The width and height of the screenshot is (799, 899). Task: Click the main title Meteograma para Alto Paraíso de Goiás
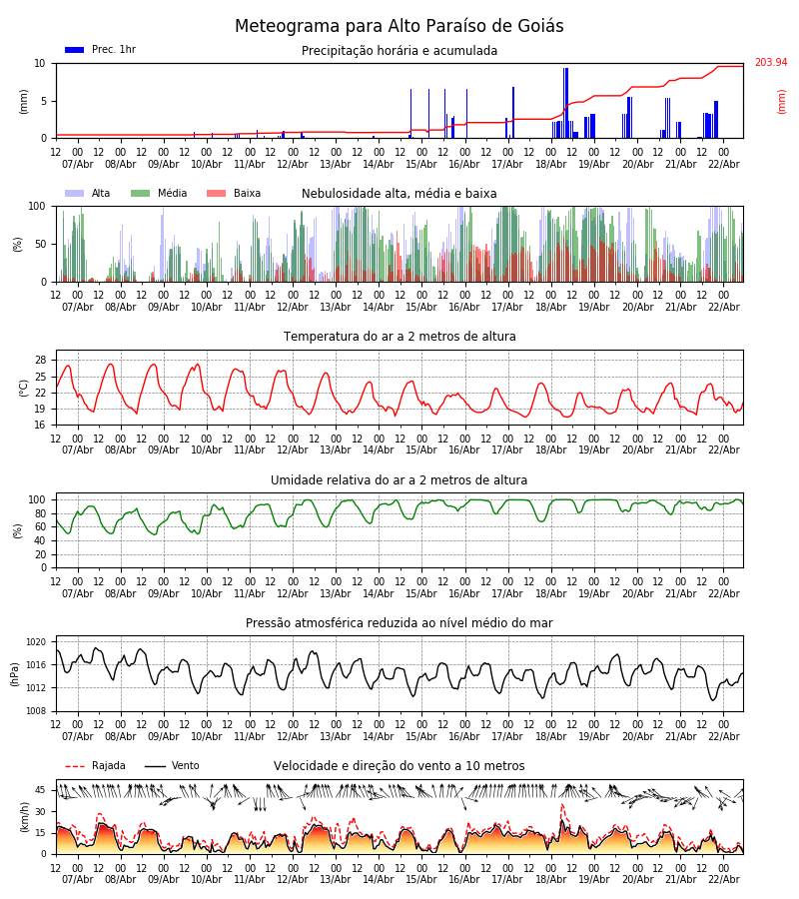(x=399, y=27)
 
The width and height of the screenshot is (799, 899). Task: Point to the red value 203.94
(x=770, y=63)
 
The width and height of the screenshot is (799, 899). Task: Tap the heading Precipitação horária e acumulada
(x=399, y=51)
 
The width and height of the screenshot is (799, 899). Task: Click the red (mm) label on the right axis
(x=781, y=101)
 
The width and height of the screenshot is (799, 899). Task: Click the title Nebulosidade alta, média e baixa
(x=399, y=194)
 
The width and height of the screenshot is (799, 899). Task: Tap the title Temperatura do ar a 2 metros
(x=399, y=337)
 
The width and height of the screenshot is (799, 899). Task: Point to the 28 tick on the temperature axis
(x=40, y=361)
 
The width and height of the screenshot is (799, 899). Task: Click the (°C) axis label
(x=23, y=388)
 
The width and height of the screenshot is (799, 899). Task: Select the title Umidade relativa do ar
(x=399, y=480)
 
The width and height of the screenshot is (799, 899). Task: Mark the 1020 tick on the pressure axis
(x=36, y=642)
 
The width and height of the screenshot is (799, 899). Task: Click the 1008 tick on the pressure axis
(x=36, y=711)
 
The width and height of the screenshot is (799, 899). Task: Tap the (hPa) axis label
(x=15, y=673)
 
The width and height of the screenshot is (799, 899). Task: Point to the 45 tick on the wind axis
(x=40, y=790)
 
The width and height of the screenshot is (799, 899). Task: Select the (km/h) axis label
(x=23, y=817)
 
